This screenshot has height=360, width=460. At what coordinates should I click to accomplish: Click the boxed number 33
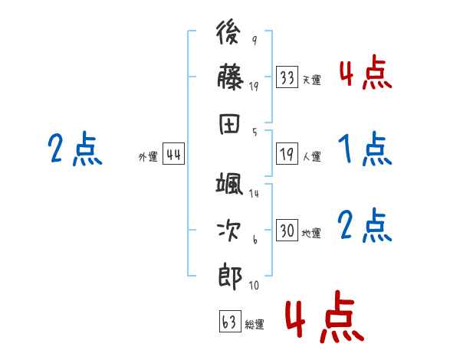tap(287, 77)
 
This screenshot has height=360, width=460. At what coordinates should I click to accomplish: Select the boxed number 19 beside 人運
tap(287, 155)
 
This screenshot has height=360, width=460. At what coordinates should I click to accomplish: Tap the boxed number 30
tap(287, 230)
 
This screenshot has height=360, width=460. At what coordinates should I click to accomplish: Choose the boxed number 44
tap(173, 155)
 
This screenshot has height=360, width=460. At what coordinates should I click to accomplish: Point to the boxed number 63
tap(229, 322)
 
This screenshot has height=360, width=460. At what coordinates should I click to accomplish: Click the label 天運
tap(311, 79)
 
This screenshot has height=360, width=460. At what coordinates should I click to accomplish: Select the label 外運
tap(148, 156)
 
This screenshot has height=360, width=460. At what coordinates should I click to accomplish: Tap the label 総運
tap(254, 324)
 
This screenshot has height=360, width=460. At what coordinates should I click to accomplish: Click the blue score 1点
tap(363, 149)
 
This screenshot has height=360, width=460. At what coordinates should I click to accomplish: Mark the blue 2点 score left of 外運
tap(75, 149)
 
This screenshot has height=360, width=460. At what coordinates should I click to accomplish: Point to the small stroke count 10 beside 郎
tap(253, 285)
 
